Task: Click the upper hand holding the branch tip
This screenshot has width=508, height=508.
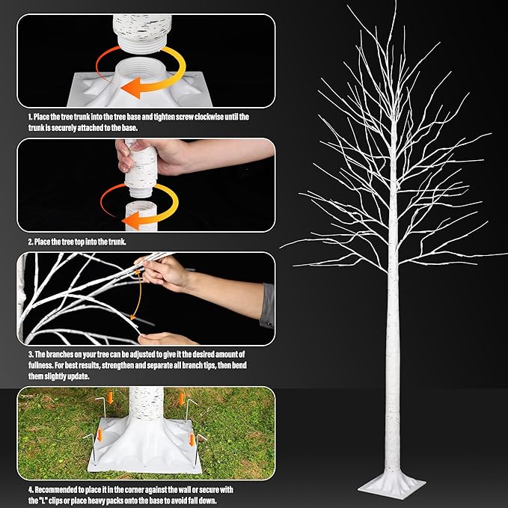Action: (x=166, y=272)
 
